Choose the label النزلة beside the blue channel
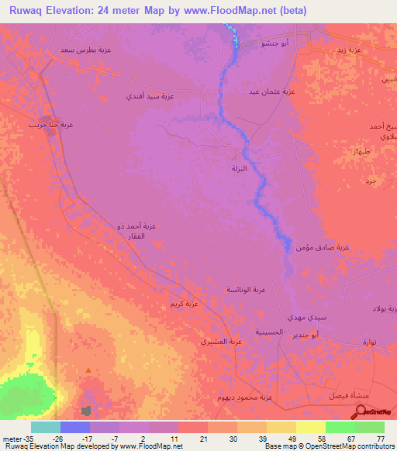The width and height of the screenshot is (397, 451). click(x=240, y=169)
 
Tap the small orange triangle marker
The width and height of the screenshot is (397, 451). click(x=88, y=371)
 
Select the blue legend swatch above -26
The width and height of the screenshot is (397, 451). click(x=75, y=427)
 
